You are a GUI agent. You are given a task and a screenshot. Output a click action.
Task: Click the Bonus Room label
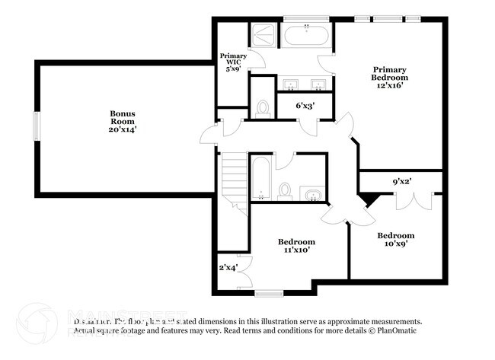pos(123,122)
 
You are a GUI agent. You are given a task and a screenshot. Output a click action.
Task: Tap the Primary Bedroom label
pos(389,77)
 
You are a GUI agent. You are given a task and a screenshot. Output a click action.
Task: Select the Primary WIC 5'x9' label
pos(232,62)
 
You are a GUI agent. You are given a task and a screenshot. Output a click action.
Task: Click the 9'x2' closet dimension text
pos(402,182)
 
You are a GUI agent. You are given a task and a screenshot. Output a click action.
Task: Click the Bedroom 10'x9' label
pos(396,241)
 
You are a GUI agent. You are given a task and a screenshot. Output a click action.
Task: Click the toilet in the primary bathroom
pos(263,109)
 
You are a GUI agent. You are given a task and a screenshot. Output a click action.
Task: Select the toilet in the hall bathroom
pos(285,190)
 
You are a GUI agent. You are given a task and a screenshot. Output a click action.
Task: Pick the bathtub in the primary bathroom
pos(306,35)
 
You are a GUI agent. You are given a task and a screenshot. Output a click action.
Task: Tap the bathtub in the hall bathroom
pos(260,177)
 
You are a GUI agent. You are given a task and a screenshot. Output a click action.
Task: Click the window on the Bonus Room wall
pos(36,126)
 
